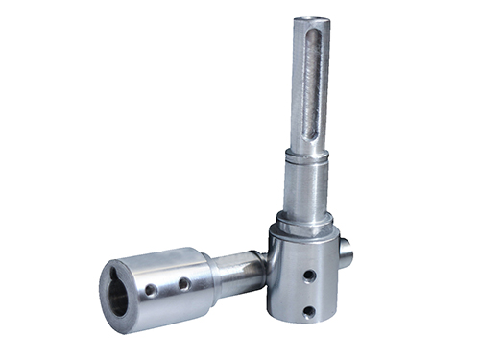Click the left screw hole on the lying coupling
tap(151, 289)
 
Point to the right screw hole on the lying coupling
tap(183, 283)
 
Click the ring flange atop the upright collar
tap(300, 230)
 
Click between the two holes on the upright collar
tap(306, 294)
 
